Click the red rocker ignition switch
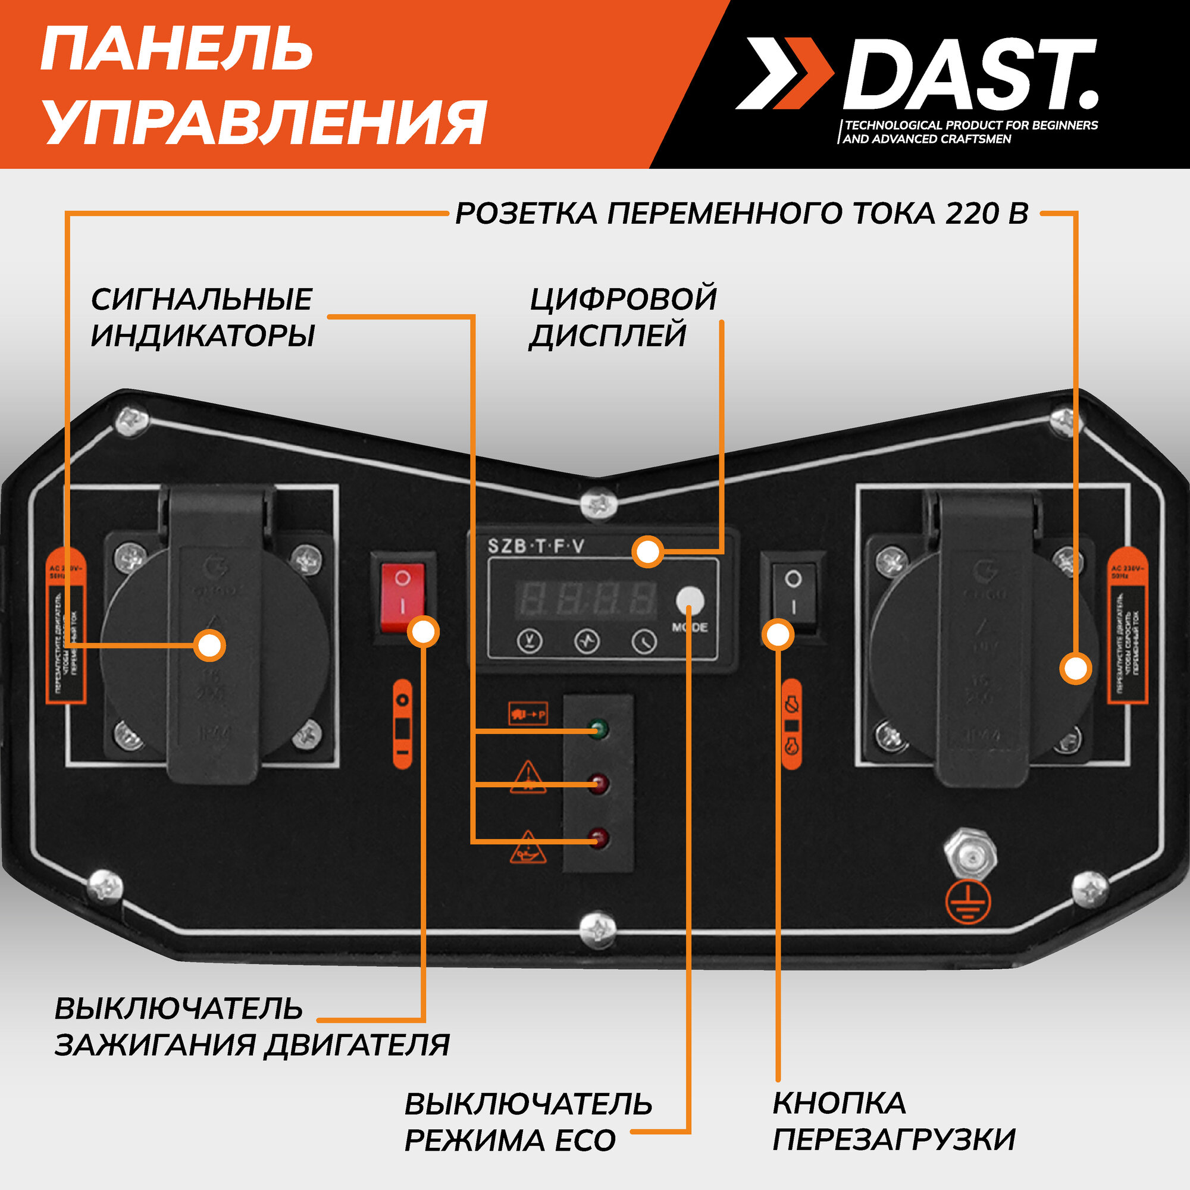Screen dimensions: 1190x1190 402,597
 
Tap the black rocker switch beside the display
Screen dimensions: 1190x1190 793,592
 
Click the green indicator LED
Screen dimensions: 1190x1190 597,729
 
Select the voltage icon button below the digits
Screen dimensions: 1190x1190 529,641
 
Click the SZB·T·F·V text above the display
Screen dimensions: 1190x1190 536,546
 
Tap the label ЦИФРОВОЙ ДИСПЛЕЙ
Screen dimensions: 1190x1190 623,317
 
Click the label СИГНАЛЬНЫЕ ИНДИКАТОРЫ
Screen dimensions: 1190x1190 203,317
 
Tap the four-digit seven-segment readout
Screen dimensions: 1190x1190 587,598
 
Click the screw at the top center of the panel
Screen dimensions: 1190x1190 599,503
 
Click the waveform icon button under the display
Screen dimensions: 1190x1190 587,641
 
